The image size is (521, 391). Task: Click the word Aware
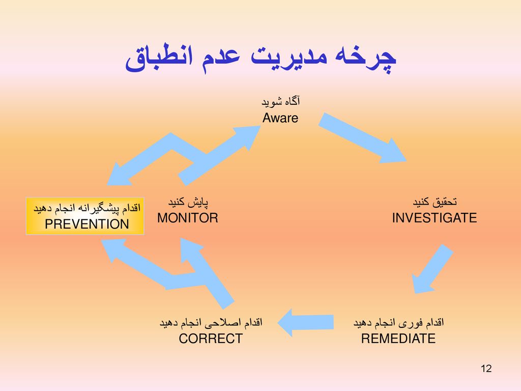pos(280,118)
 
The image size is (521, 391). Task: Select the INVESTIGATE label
pos(434,218)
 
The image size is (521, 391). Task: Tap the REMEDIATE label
pos(398,339)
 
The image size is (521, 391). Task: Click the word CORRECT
pos(211,339)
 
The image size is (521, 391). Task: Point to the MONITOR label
pos(187,218)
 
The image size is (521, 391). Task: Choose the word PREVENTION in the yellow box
pos(87,224)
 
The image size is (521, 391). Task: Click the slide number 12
pos(486,369)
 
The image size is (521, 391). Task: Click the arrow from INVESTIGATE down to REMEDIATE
pos(432,269)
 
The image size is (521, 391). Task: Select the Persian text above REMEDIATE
pos(398,323)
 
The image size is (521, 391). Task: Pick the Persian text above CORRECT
pos(211,323)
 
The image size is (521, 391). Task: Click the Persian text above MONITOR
pos(187,202)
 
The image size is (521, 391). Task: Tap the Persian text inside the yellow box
pos(87,208)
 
